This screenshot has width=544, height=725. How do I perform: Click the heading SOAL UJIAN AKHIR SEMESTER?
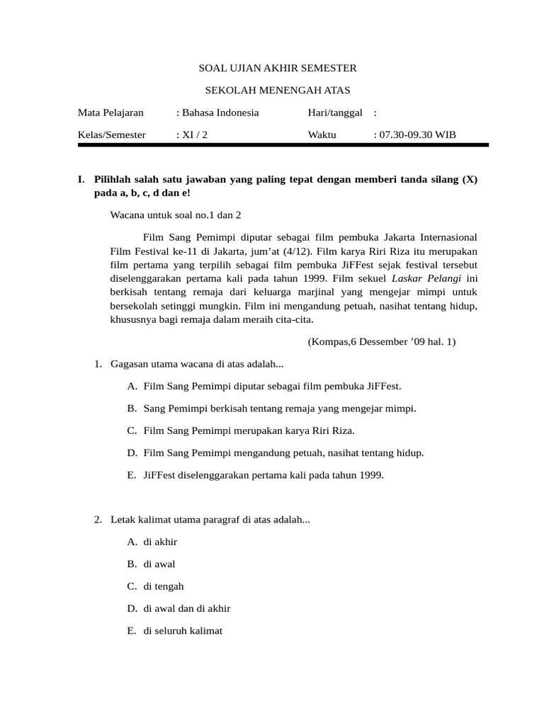tap(276, 68)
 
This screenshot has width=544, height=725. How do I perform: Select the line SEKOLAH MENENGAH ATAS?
tap(277, 90)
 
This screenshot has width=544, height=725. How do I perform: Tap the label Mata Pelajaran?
tap(110, 113)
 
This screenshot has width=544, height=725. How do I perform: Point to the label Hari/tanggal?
tap(335, 113)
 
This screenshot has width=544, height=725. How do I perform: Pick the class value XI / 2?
tap(193, 135)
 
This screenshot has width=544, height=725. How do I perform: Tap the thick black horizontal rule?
tap(283, 144)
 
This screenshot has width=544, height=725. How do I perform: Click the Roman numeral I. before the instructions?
tap(82, 180)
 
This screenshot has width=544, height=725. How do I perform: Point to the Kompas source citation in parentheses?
tap(382, 342)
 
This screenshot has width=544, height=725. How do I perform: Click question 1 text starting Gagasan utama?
tap(197, 364)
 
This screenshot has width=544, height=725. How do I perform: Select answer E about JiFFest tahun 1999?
tap(263, 475)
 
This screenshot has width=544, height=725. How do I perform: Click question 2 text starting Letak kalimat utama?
tap(210, 520)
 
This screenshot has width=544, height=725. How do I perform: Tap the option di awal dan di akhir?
tap(186, 608)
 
